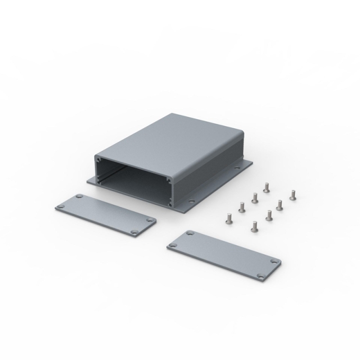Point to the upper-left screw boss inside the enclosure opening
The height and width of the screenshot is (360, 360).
(101, 160)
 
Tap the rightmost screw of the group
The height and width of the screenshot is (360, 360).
(292, 195)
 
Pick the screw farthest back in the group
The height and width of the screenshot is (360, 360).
(267, 185)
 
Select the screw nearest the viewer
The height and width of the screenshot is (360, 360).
(254, 227)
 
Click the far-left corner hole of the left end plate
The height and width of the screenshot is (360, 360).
(60, 207)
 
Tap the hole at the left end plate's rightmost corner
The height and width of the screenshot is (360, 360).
(150, 221)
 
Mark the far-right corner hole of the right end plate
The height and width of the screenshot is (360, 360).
(274, 262)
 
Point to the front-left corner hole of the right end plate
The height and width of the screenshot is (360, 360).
(173, 245)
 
